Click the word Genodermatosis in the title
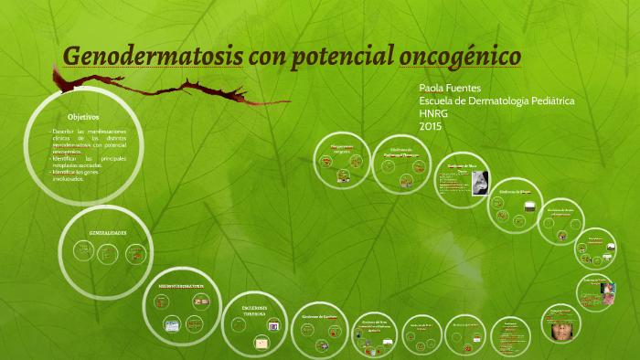(152, 56)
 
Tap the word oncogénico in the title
(461, 56)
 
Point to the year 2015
(430, 125)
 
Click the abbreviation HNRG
(433, 112)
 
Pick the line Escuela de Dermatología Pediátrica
(496, 100)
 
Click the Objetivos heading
(83, 117)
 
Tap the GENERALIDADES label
(107, 233)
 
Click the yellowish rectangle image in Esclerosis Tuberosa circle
(261, 343)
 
